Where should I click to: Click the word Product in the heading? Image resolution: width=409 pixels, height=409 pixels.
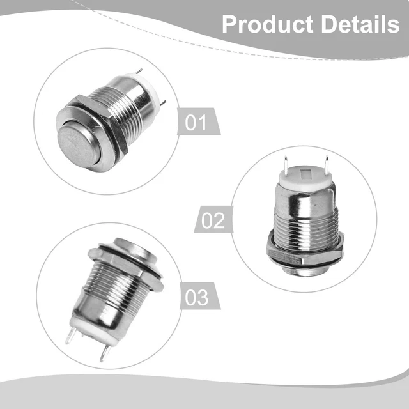pyautogui.click(x=267, y=25)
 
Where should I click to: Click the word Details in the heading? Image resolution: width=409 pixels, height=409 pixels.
pyautogui.click(x=360, y=24)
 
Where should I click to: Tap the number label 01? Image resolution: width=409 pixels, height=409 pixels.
pyautogui.click(x=196, y=122)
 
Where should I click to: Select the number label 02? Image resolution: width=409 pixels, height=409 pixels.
pyautogui.click(x=213, y=220)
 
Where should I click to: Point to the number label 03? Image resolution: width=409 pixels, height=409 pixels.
pyautogui.click(x=197, y=297)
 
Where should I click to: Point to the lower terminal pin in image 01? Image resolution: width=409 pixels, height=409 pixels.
pyautogui.click(x=163, y=104)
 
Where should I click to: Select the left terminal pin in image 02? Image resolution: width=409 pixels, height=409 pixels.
pyautogui.click(x=286, y=165)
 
